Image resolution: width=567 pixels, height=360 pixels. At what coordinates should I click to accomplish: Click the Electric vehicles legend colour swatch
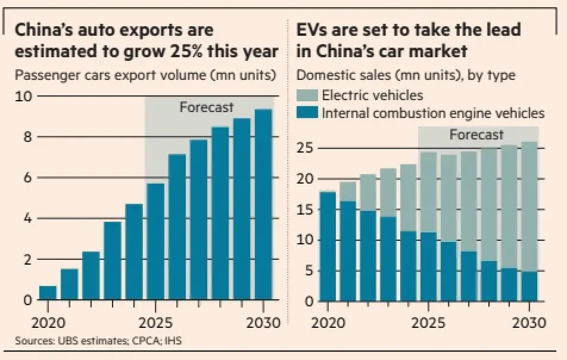[x=307, y=95]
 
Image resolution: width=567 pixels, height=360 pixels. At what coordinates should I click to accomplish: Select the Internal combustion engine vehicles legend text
[x=433, y=113]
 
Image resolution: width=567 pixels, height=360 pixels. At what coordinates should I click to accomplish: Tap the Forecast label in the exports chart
[x=207, y=108]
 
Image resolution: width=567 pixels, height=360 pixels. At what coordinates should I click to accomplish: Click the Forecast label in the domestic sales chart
[x=476, y=135]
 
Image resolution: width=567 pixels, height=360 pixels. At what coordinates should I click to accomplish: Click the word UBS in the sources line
[x=64, y=342]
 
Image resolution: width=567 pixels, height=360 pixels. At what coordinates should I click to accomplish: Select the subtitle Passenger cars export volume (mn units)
[x=145, y=75]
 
